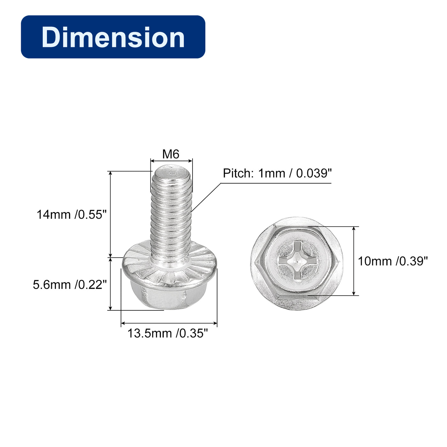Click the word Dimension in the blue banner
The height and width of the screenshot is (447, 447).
tap(113, 37)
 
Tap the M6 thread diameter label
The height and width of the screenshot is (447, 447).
tap(171, 154)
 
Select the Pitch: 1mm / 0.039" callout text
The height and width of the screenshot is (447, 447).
tap(277, 173)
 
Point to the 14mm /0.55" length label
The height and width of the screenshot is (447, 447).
tap(72, 215)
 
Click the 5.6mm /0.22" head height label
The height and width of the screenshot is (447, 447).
tap(70, 284)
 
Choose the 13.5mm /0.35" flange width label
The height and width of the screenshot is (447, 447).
tap(168, 333)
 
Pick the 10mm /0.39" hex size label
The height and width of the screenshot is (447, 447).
tap(393, 261)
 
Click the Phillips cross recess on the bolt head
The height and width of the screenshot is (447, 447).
tap(297, 260)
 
